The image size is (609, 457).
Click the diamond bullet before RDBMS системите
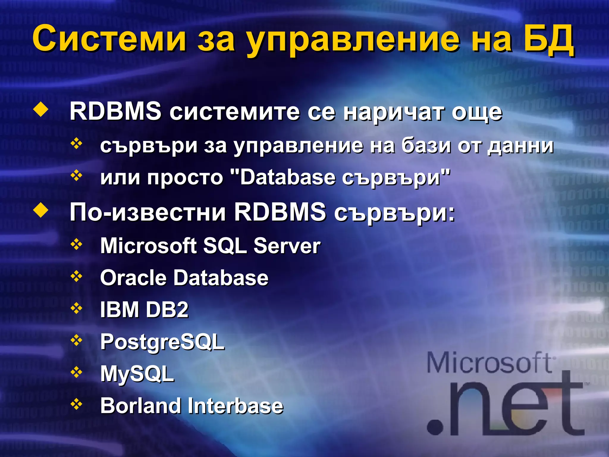[41, 110]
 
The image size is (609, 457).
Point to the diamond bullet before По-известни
[41, 211]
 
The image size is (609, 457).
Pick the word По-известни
[147, 212]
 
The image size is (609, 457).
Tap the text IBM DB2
[144, 310]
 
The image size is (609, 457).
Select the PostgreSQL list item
[162, 342]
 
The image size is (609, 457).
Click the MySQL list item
[137, 374]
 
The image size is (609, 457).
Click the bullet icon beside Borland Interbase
[76, 404]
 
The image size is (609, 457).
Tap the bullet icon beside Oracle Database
[76, 277]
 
